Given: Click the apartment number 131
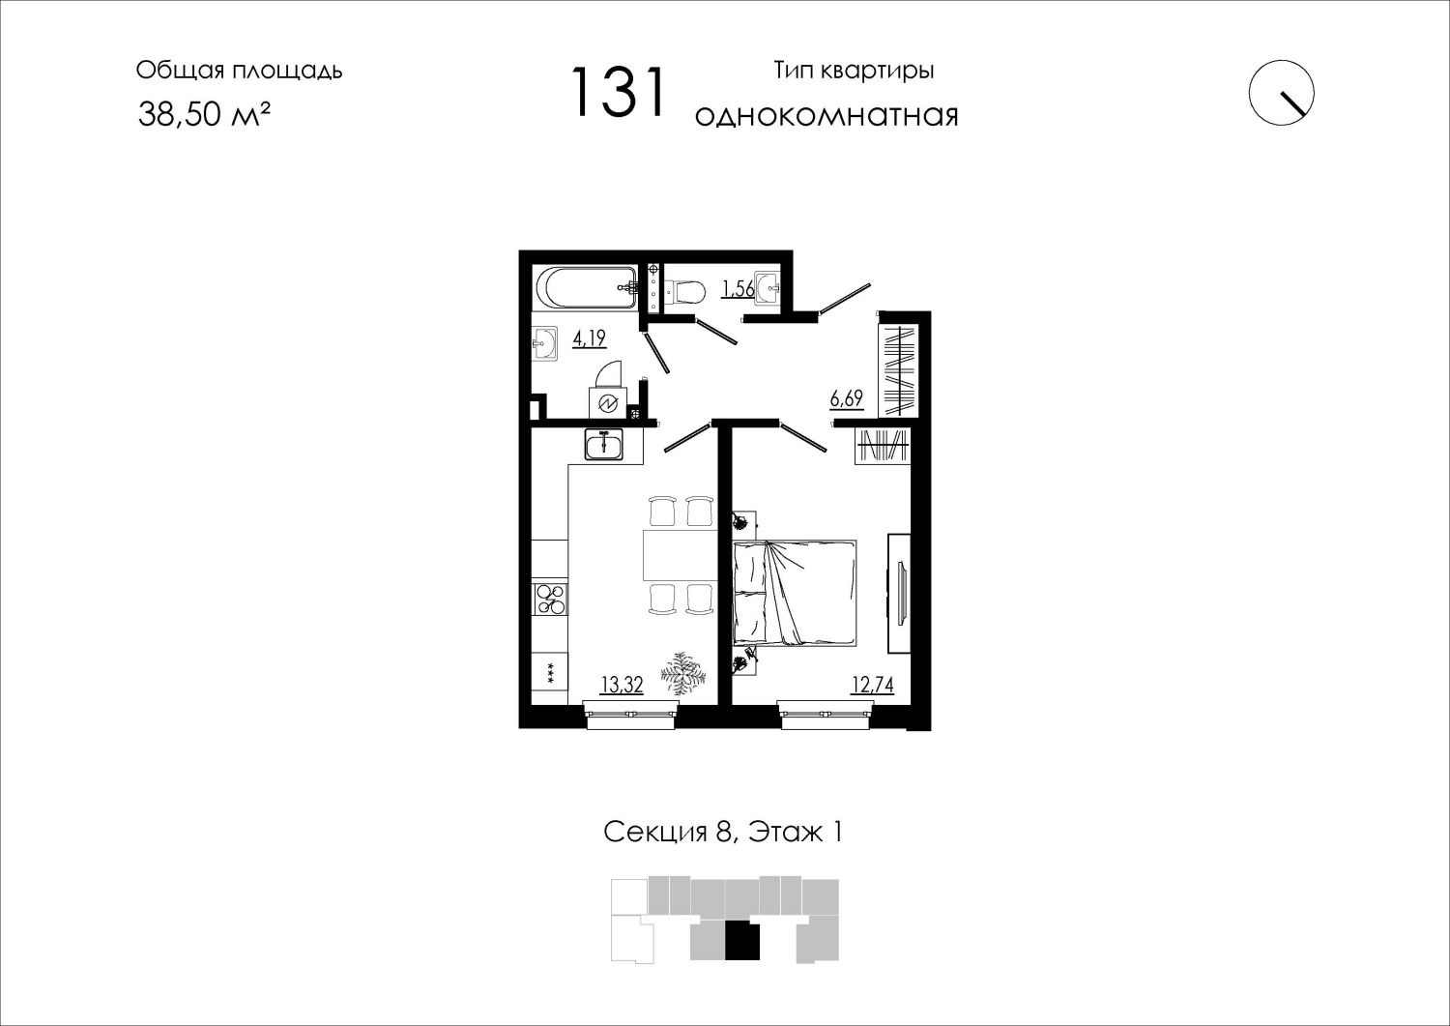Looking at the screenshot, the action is point(619,93).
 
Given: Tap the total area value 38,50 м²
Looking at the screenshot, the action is point(203,114).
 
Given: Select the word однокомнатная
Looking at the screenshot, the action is point(826,116).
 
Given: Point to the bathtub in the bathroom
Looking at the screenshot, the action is point(587,289).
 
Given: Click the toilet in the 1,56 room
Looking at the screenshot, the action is point(685,291).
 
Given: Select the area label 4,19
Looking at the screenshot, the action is point(589,338).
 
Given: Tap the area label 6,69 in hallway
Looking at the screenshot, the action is point(847,397).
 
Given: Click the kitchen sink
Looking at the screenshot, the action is point(604,444).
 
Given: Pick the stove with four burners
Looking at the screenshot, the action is point(550,599).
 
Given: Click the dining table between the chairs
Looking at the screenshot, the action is point(679,554).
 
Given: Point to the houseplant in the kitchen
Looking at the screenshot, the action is point(682,675).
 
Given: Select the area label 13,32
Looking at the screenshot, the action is point(622,685).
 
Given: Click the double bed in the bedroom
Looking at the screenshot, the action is point(795,593).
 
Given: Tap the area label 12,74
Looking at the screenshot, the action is point(873,685).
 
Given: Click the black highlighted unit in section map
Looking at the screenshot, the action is point(741,939).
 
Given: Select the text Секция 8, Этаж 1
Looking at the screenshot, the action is point(723,833).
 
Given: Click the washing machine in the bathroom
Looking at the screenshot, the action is point(608,403).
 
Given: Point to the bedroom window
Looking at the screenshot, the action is point(826,715).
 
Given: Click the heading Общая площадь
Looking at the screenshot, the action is point(239,71).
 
